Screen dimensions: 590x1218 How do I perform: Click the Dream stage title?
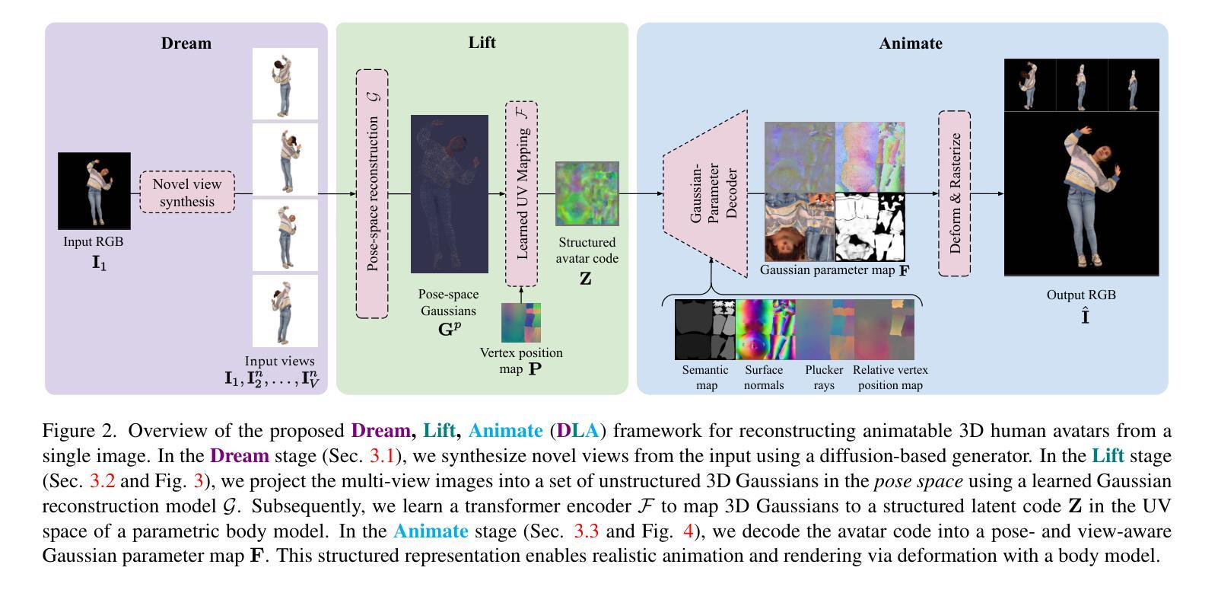pyautogui.click(x=186, y=43)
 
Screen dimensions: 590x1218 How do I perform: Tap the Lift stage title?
pyautogui.click(x=482, y=43)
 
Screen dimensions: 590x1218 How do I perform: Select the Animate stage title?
pyautogui.click(x=910, y=43)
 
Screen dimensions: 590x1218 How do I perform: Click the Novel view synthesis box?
pyautogui.click(x=187, y=193)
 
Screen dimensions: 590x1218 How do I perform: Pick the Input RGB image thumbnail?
pyautogui.click(x=95, y=190)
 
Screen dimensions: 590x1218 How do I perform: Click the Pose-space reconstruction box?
pyautogui.click(x=372, y=193)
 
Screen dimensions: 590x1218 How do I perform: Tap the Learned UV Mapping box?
pyautogui.click(x=522, y=193)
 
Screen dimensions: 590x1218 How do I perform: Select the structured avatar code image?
pyautogui.click(x=587, y=193)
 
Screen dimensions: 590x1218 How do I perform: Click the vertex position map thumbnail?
pyautogui.click(x=521, y=323)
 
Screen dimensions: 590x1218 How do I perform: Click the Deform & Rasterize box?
pyautogui.click(x=954, y=193)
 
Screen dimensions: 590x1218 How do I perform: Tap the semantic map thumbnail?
pyautogui.click(x=705, y=329)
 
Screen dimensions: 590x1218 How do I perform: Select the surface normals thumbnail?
pyautogui.click(x=765, y=329)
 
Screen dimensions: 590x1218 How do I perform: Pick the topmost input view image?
pyautogui.click(x=285, y=83)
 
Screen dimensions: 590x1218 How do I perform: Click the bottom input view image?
pyautogui.click(x=285, y=311)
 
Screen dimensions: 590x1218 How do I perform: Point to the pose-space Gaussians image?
pyautogui.click(x=449, y=193)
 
